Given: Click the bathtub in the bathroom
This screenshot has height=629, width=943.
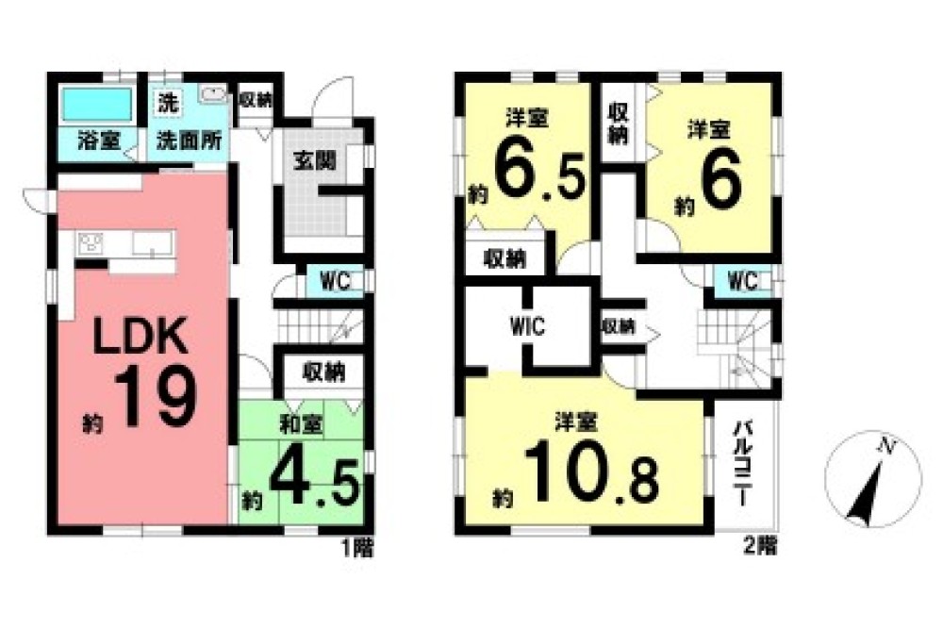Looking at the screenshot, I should point(97,102).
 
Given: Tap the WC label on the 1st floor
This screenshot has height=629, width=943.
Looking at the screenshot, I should point(335,281).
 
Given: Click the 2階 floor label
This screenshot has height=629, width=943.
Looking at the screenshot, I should point(759,544).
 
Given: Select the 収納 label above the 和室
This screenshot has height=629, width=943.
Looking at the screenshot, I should point(322,371).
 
